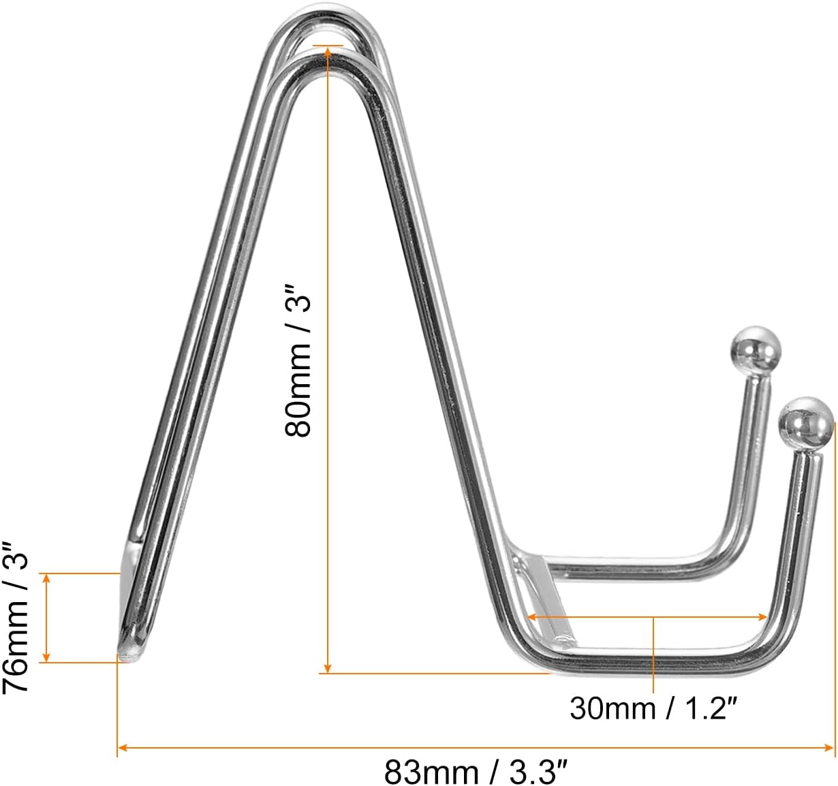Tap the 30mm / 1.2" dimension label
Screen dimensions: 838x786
653,708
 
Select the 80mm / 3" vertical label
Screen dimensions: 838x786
298,361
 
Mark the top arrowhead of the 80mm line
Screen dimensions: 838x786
328,52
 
